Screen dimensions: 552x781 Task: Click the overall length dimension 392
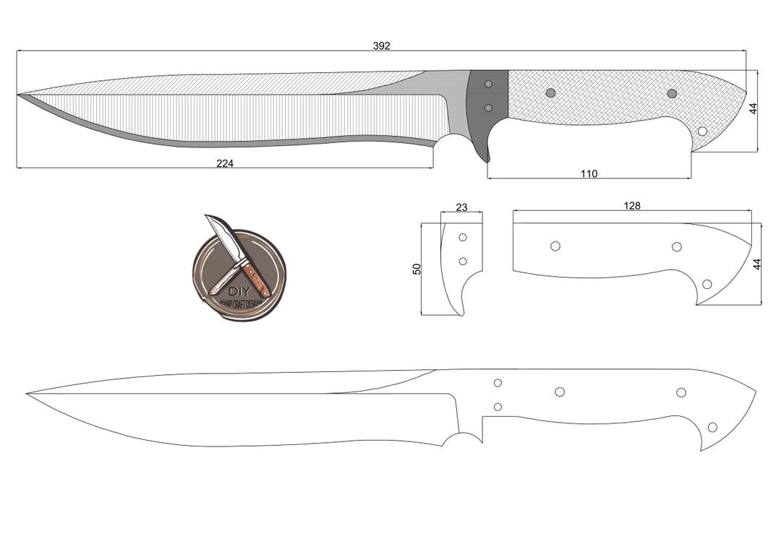[x=381, y=46]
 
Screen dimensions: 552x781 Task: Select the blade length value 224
[x=225, y=163]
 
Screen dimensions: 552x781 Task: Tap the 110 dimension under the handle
[x=589, y=173]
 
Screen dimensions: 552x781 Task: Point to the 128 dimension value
[x=632, y=206]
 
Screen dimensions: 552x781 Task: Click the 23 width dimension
[x=461, y=207]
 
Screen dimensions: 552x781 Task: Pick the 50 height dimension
[x=417, y=269]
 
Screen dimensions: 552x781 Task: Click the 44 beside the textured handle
[x=753, y=108]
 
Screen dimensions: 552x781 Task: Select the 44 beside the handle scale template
[x=757, y=264]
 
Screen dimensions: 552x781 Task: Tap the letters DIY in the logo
[x=239, y=290]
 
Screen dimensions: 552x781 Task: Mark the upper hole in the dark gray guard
[x=488, y=83]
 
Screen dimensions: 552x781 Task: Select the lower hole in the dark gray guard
[x=488, y=108]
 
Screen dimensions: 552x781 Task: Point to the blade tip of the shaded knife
[x=19, y=95]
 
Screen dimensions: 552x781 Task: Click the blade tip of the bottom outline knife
[x=28, y=394]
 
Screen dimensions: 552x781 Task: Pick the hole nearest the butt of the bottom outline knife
[x=712, y=427]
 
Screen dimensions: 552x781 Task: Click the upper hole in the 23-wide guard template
[x=463, y=237]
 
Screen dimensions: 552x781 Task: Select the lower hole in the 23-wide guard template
[x=463, y=261]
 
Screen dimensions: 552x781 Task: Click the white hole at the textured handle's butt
[x=702, y=131]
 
